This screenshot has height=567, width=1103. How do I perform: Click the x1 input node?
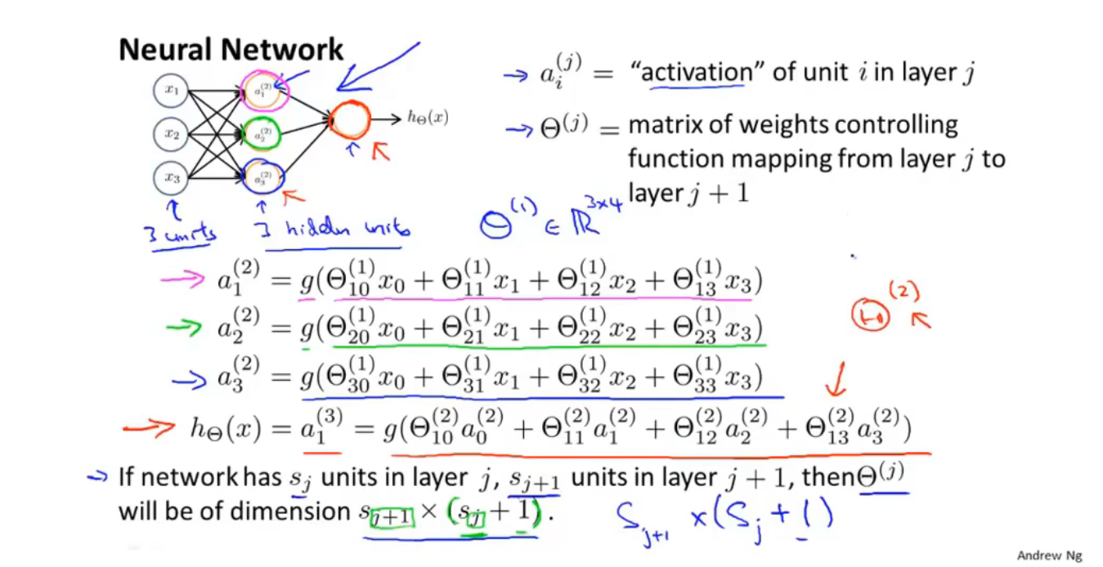pyautogui.click(x=171, y=91)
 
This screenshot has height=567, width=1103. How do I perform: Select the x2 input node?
pyautogui.click(x=171, y=134)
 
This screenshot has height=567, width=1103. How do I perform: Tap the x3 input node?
pyautogui.click(x=171, y=176)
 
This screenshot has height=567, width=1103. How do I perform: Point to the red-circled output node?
pyautogui.click(x=350, y=120)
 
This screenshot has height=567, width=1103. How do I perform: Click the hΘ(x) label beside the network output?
pyautogui.click(x=428, y=118)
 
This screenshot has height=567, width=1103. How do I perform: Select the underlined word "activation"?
pyautogui.click(x=697, y=73)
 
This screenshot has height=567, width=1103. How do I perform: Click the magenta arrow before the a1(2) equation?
pyautogui.click(x=185, y=280)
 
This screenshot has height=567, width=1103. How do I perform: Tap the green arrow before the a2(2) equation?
pyautogui.click(x=185, y=329)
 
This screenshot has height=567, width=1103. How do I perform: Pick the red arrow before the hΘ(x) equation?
pyautogui.click(x=150, y=426)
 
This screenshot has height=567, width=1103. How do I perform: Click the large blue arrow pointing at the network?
pyautogui.click(x=377, y=65)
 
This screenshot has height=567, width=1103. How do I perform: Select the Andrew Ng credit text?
pyautogui.click(x=1049, y=556)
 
